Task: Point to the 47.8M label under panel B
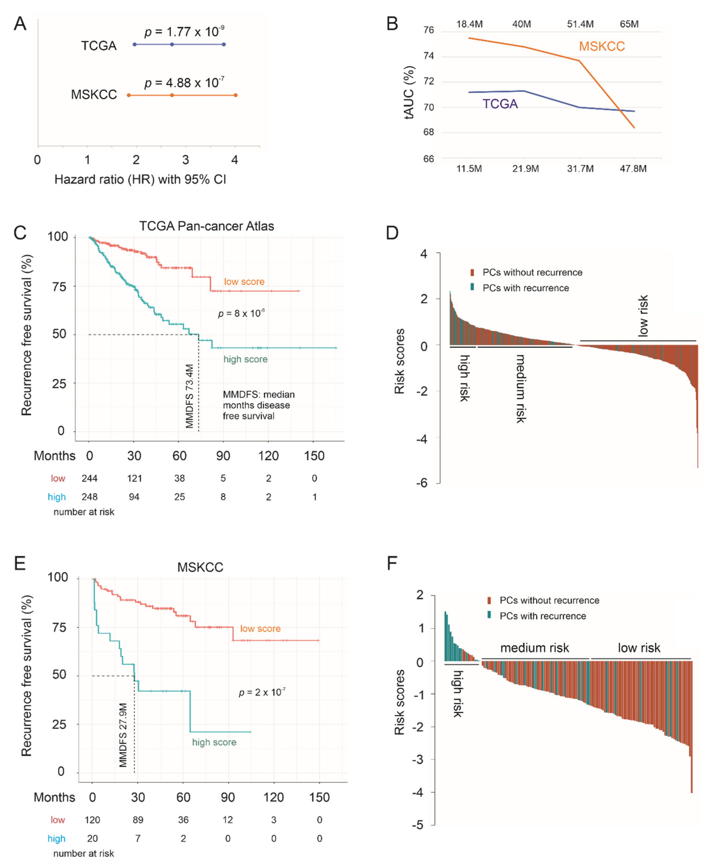click(x=633, y=169)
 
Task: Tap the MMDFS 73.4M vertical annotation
click(x=189, y=396)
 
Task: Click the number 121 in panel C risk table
click(x=134, y=478)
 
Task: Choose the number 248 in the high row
click(x=89, y=497)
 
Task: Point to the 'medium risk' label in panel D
click(x=521, y=388)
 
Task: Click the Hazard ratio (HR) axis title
click(x=140, y=180)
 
